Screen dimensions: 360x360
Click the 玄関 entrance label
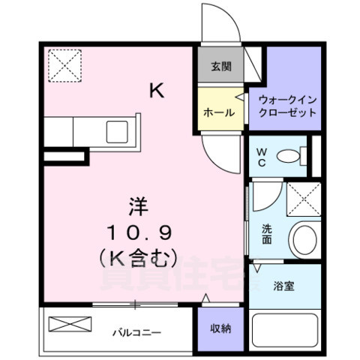tap(220, 66)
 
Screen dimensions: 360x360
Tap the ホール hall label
tap(219, 113)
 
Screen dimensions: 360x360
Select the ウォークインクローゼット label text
tap(288, 106)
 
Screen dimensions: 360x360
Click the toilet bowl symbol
tap(289, 156)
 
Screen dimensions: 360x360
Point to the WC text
tap(262, 157)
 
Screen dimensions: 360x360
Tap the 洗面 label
tap(267, 235)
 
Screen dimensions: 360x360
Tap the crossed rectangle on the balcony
tap(69, 325)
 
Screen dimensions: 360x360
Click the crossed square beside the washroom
tap(304, 199)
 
